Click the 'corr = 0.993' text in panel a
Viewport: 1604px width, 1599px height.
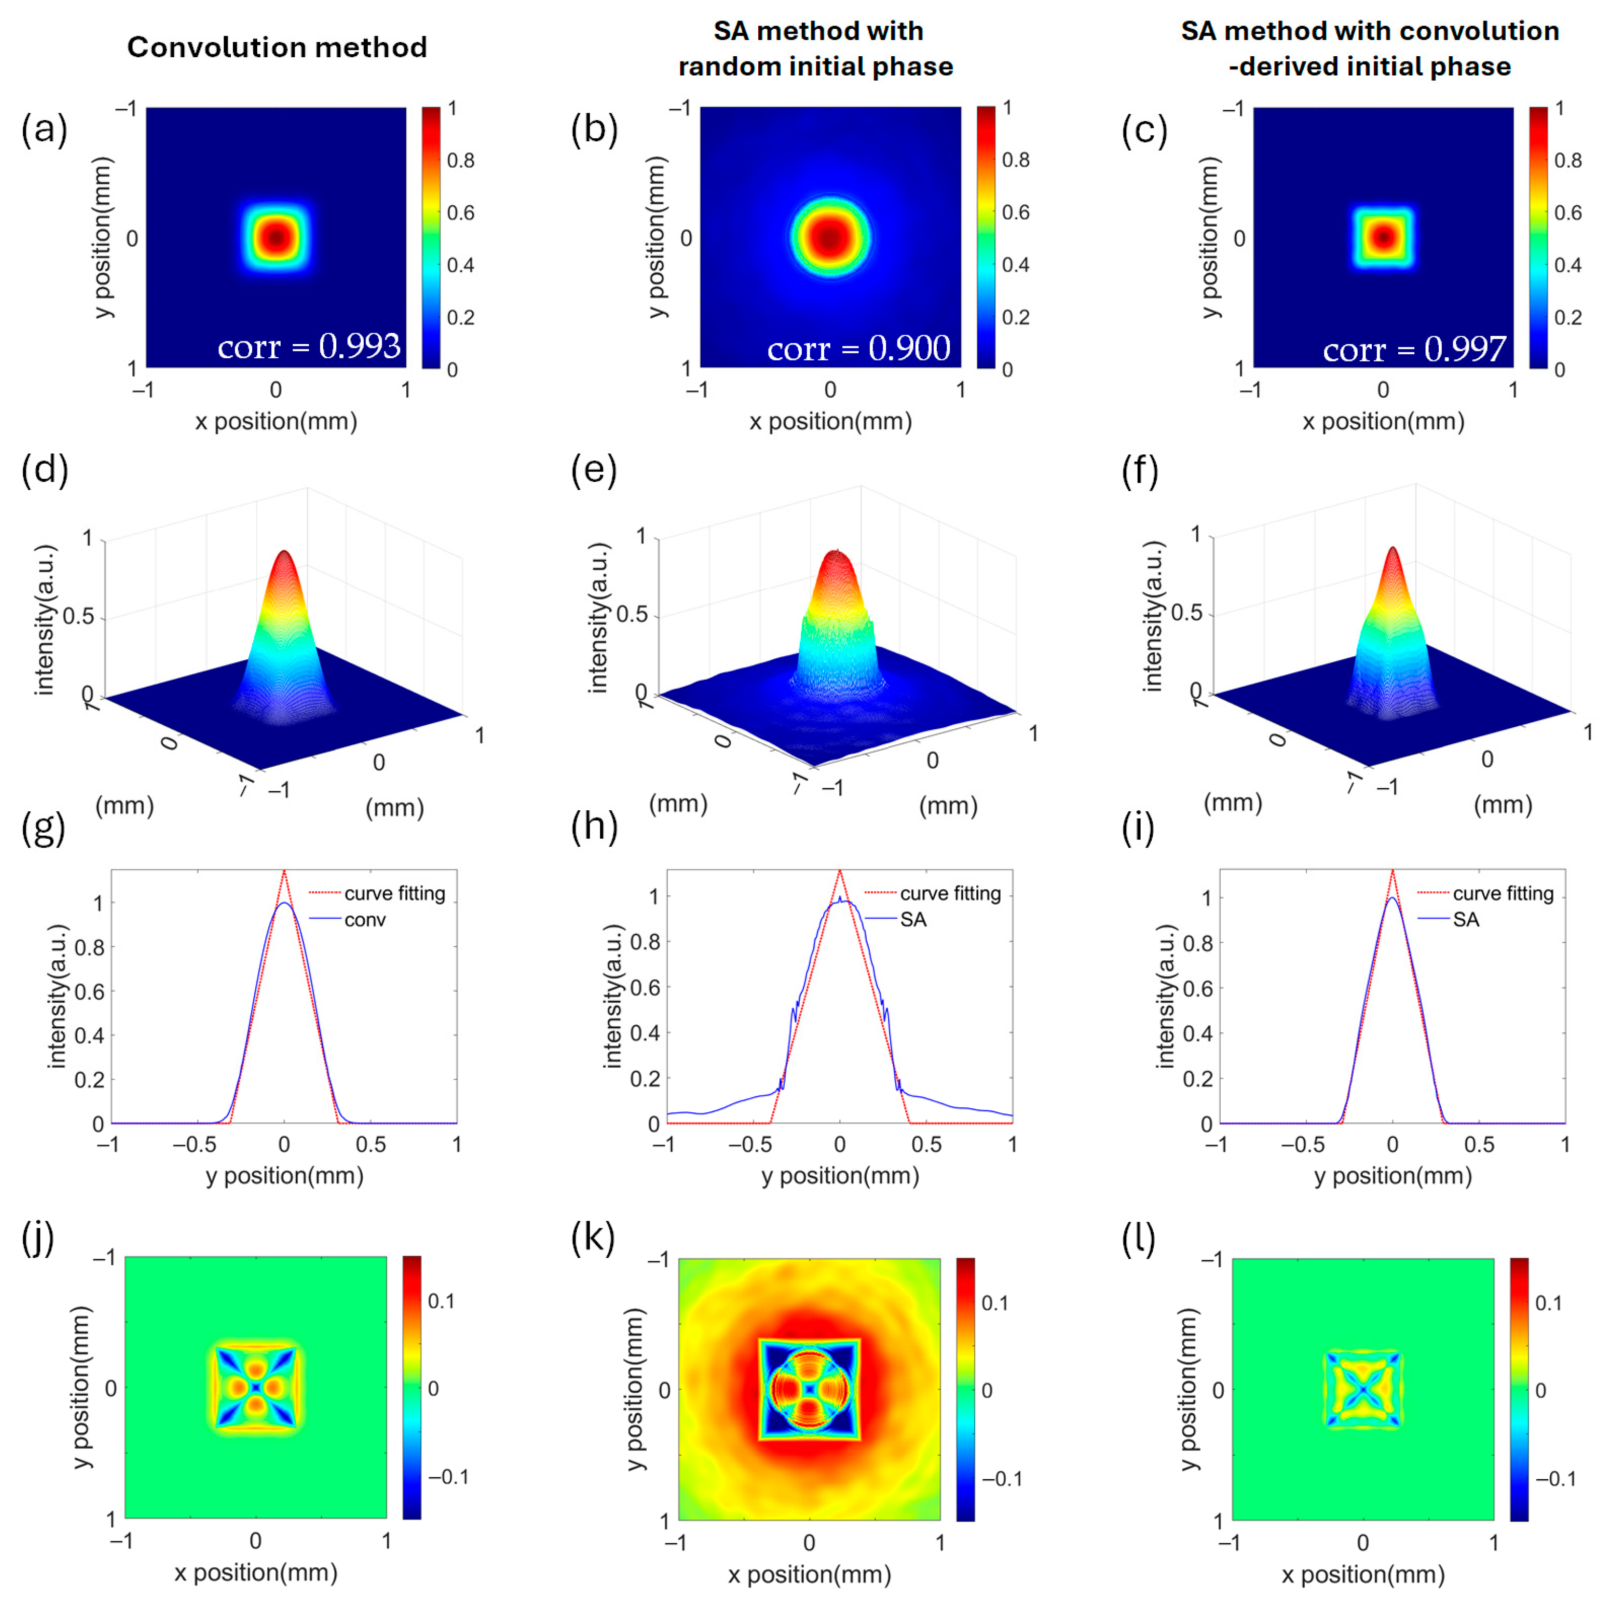pyautogui.click(x=309, y=346)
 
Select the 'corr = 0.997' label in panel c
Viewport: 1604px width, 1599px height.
pyautogui.click(x=1414, y=349)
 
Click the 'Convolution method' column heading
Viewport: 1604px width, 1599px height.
pyautogui.click(x=277, y=47)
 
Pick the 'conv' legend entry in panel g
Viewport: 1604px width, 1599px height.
pyautogui.click(x=365, y=919)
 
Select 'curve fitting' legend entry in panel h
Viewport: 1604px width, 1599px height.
pyautogui.click(x=950, y=894)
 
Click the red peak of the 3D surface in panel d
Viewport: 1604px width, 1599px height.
pyautogui.click(x=285, y=554)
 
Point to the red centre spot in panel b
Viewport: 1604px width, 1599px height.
pyautogui.click(x=830, y=238)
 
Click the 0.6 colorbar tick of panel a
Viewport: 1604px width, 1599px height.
pyautogui.click(x=461, y=213)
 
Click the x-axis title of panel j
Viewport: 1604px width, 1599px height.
pyautogui.click(x=256, y=1573)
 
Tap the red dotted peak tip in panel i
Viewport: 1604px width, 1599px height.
pyautogui.click(x=1392, y=871)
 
